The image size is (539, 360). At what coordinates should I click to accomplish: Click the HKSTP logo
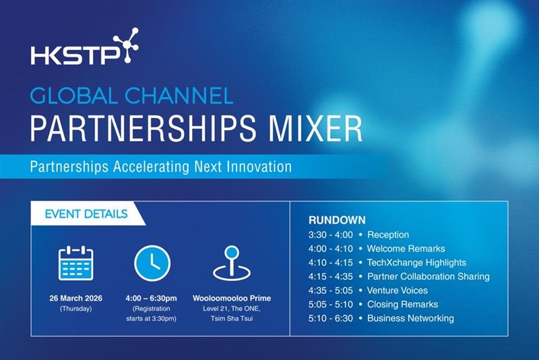pos(85,46)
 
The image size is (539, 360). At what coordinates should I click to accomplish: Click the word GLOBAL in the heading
pos(73,96)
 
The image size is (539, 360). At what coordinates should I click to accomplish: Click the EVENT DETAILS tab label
pos(86,214)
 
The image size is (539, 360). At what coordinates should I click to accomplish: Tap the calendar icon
pos(76,263)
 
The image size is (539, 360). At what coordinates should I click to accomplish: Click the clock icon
pos(152,264)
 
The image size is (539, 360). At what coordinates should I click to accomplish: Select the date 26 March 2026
pos(75,298)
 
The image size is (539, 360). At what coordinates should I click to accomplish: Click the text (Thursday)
pos(76,309)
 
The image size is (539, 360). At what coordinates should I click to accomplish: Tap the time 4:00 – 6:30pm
pos(151,298)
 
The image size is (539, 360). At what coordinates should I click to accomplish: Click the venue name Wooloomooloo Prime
pos(232,298)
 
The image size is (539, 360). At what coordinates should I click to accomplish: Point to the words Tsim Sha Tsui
pos(232,319)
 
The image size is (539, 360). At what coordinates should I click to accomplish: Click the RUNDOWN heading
pos(337,220)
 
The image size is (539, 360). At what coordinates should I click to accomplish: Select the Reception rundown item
pos(388,235)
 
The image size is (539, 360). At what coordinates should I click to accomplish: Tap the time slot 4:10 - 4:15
pos(330,263)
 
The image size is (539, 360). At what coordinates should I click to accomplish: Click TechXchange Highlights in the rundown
pos(416,263)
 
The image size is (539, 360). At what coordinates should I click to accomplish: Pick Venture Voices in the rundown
pos(398,291)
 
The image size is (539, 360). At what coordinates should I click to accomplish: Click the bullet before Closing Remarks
pos(360,305)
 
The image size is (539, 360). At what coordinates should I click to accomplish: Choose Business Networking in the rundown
pos(410,318)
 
